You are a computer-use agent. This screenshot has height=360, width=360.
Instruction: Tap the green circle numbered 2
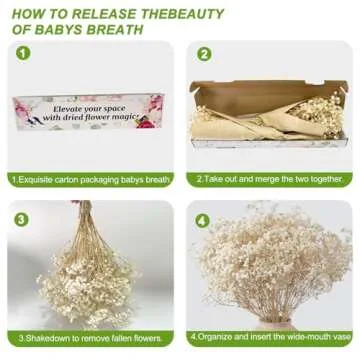[204, 55]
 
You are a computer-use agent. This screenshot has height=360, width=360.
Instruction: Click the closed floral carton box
[88, 112]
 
